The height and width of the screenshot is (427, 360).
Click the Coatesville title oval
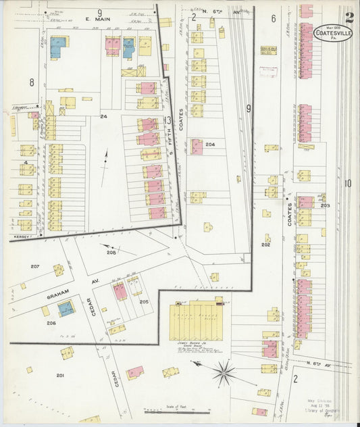[x=333, y=32]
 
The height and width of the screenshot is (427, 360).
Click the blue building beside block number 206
[x=66, y=309]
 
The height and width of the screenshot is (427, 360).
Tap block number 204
[x=210, y=145]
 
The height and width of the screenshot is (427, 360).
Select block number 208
[x=111, y=252]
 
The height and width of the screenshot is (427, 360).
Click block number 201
[x=60, y=375]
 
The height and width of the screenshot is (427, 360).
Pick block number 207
[x=34, y=266]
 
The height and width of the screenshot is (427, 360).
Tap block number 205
[x=144, y=301]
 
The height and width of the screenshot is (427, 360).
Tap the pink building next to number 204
[x=197, y=146]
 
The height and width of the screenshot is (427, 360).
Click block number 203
[x=325, y=205]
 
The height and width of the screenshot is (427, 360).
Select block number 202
[x=265, y=245]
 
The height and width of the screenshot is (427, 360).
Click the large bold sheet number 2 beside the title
[x=349, y=18]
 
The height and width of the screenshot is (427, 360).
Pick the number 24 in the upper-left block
[x=103, y=117]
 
